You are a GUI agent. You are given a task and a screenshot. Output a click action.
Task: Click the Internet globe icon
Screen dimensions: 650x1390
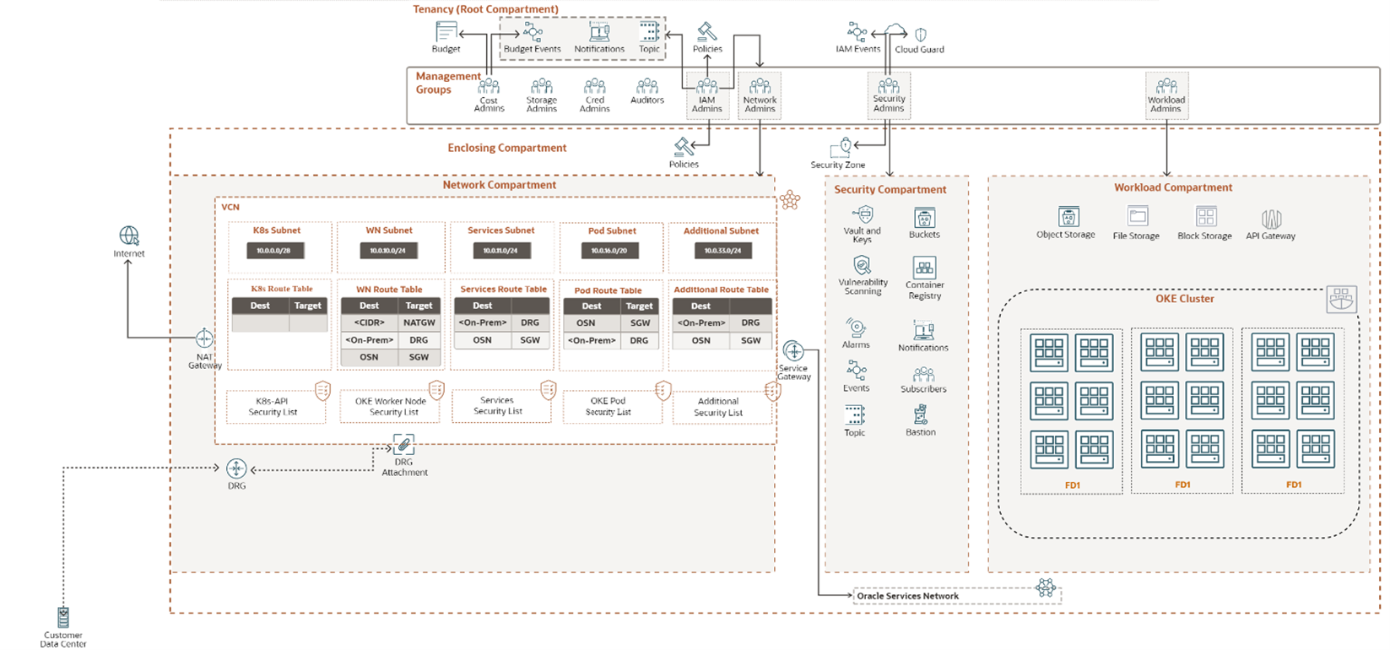(129, 236)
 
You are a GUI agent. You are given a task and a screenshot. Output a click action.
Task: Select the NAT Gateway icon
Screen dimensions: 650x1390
(204, 339)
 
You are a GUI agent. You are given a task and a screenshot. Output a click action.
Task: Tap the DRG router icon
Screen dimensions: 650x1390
(236, 469)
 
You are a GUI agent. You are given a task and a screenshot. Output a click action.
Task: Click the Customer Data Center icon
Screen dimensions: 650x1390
(63, 617)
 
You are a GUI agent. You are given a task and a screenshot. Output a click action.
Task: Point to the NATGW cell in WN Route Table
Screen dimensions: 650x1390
(419, 322)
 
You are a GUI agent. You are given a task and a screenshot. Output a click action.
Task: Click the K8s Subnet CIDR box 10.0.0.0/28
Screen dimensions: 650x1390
(275, 251)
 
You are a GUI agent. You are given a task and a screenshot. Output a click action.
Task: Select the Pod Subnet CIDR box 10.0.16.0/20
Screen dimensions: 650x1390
(609, 251)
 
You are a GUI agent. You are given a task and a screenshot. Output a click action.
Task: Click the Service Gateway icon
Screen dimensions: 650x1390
(793, 351)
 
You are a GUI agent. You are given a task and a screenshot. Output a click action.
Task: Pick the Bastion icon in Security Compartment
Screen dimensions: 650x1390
(921, 414)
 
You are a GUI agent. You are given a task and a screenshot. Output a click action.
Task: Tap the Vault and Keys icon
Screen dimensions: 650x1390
(863, 214)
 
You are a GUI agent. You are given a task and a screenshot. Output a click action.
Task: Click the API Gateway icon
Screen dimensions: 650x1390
(1271, 219)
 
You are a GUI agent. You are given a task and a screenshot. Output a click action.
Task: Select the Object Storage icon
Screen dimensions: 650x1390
(1068, 217)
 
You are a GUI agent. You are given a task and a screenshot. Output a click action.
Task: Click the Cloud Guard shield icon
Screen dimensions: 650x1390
(921, 35)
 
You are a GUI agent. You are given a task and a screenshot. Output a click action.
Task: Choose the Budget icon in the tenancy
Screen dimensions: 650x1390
(446, 32)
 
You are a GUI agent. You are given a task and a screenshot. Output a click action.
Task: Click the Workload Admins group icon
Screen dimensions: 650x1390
(1166, 86)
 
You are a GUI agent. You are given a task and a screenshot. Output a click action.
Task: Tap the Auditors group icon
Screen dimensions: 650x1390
(647, 86)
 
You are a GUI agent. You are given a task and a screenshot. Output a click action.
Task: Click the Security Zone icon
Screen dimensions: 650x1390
(842, 149)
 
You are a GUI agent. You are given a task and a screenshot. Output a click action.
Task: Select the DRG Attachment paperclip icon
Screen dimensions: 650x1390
(404, 445)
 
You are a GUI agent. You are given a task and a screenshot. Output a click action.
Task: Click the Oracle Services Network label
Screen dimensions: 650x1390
(907, 596)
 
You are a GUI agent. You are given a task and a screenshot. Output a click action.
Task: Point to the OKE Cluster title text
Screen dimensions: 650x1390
(1185, 299)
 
